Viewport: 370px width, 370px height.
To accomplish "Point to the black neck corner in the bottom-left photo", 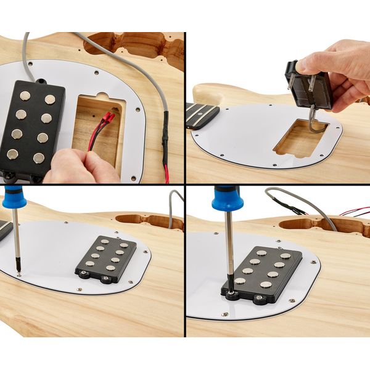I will [x=4, y=229].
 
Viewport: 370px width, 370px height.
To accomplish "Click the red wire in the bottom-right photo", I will [x=355, y=212].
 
